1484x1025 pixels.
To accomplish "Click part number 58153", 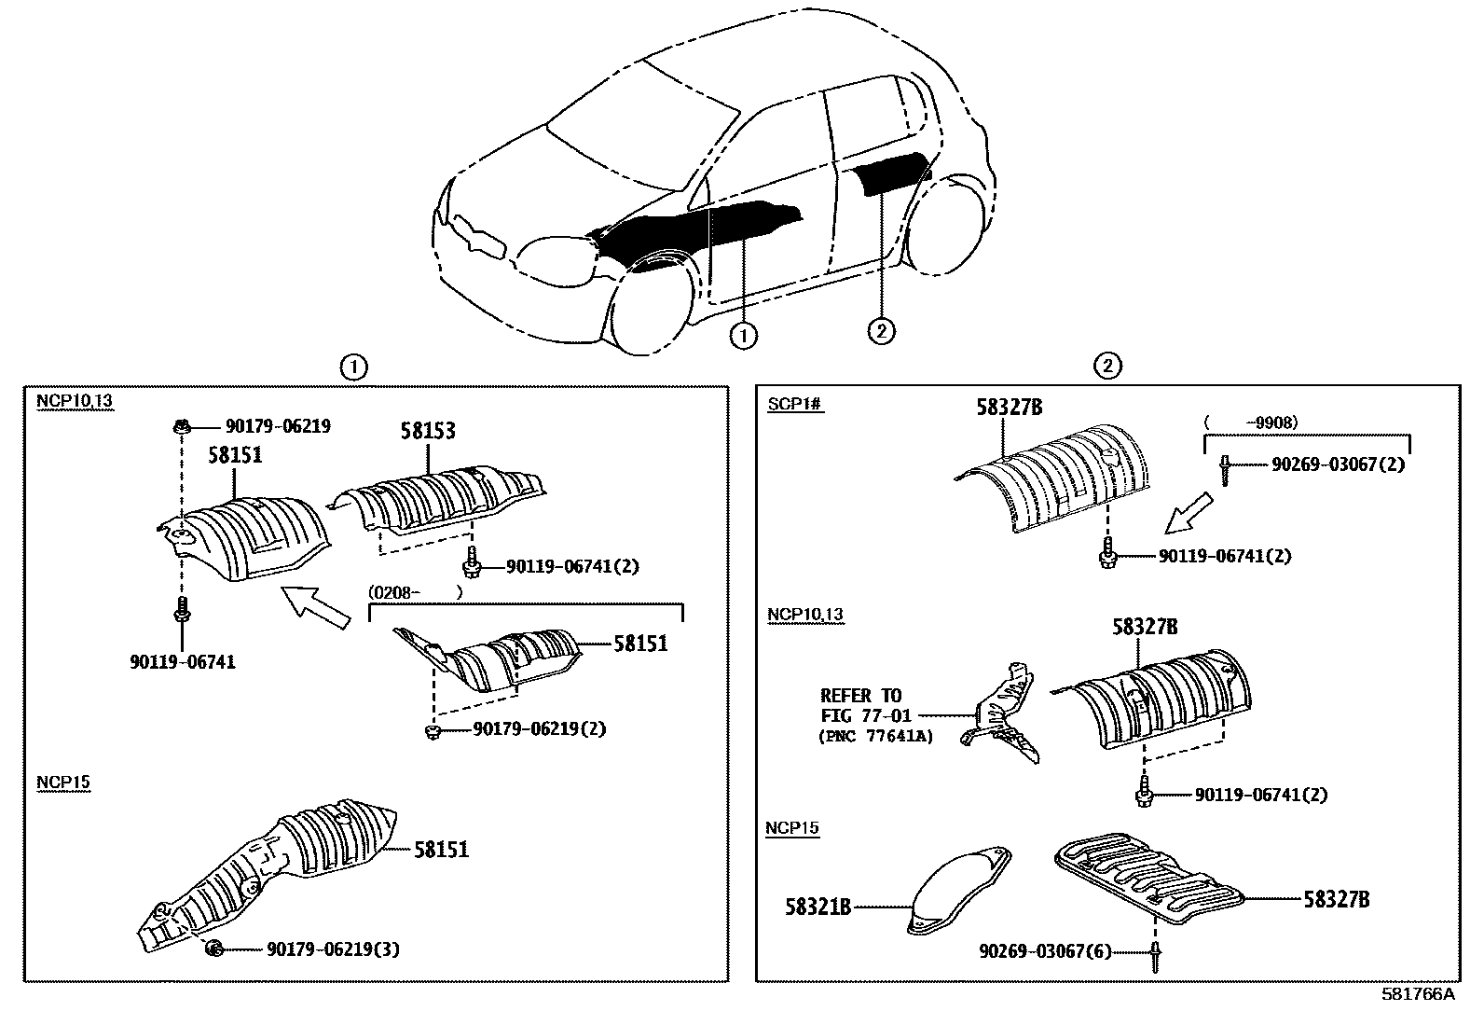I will (x=428, y=431).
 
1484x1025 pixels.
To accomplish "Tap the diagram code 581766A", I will (x=1417, y=994).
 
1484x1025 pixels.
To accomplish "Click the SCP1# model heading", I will (x=795, y=405).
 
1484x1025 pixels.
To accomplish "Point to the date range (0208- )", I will (x=415, y=591).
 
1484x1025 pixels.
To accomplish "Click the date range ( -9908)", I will (x=1252, y=422).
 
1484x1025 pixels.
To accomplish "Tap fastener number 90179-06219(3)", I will (x=333, y=949).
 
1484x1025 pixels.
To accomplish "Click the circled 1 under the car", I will (x=743, y=336).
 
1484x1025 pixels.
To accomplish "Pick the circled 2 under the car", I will (x=881, y=330).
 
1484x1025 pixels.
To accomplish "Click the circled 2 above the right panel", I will (x=1106, y=367).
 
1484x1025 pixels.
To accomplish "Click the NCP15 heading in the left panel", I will (x=63, y=782).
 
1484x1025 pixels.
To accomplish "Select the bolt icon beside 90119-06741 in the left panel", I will (x=182, y=610).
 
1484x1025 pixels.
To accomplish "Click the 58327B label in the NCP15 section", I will (x=1336, y=900).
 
